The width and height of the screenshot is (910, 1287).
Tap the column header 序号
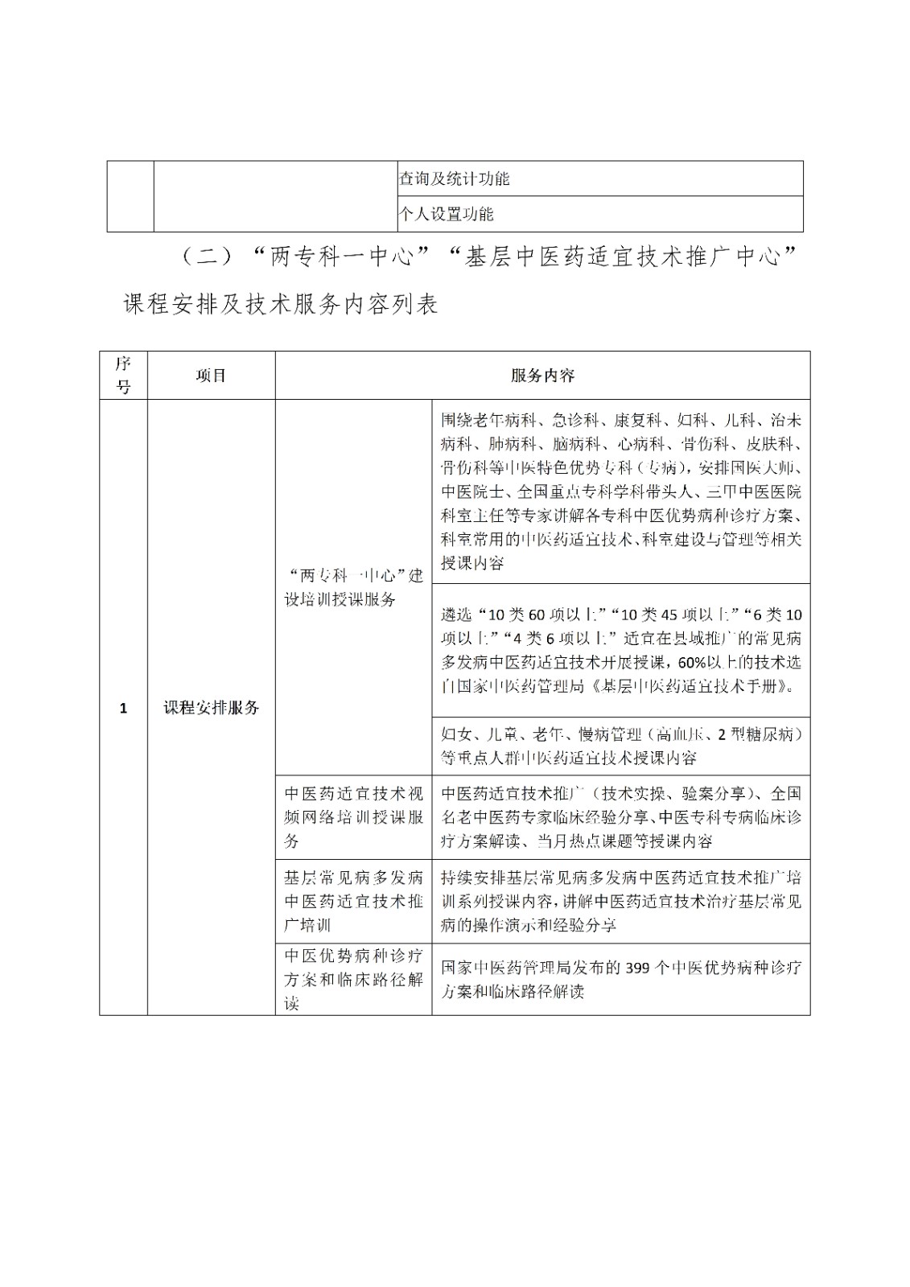123,375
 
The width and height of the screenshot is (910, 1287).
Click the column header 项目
211,376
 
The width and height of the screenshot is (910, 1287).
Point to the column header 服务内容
542,376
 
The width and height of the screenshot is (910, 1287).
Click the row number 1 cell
123,708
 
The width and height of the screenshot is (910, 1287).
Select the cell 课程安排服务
211,708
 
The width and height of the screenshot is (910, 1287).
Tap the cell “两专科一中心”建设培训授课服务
353,587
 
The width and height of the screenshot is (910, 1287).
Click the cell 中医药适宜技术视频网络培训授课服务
353,817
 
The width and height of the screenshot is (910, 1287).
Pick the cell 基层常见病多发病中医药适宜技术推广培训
353,901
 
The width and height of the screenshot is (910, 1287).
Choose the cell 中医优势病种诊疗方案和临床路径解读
353,979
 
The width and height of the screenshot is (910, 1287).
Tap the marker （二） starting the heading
206,257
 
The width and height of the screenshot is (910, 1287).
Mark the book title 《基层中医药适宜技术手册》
692,687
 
